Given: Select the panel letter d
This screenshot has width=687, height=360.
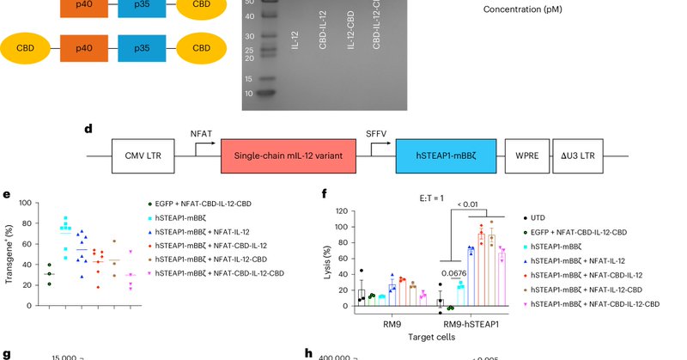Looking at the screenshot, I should tap(88, 129).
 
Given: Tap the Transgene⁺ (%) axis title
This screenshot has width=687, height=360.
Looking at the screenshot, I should tap(11, 254).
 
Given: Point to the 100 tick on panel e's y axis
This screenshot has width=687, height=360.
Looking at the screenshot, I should tap(25, 204).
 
